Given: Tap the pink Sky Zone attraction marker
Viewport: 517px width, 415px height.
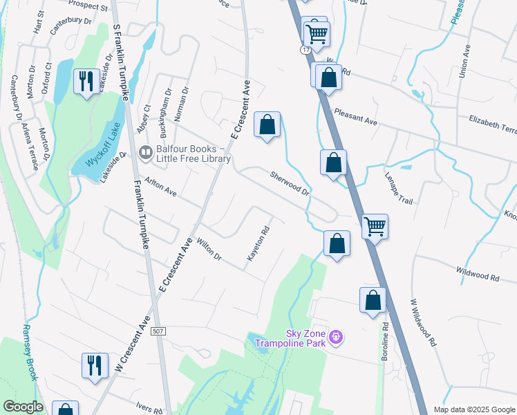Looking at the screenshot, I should coord(337,338).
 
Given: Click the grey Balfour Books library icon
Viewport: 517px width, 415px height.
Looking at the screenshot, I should coord(145,153).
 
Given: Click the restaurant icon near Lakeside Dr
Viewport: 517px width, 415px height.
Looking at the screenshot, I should coord(86,82).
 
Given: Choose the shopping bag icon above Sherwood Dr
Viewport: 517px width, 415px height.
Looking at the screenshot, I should coord(267,125).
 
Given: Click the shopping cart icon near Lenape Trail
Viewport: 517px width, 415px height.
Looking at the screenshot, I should coord(375,225).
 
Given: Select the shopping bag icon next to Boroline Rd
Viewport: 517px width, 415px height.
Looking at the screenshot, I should coord(373,300).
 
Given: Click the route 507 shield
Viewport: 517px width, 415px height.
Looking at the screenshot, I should coord(158,332).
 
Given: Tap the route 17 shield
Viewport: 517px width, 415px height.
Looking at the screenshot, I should coord(305,50).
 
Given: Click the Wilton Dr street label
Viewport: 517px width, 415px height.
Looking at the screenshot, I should coord(209,249).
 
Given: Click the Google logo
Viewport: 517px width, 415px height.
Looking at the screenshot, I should coord(23,407).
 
